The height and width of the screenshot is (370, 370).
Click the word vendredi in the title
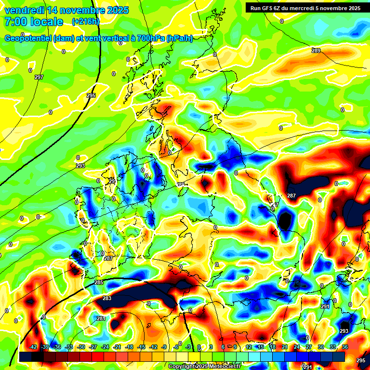click(24, 10)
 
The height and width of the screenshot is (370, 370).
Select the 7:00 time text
click(15, 22)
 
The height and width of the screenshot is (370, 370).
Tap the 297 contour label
click(39, 77)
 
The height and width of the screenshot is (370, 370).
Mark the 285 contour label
click(99, 282)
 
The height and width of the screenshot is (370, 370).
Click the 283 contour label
click(107, 298)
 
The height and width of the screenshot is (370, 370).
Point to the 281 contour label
click(101, 318)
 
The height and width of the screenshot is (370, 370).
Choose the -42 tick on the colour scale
click(33, 347)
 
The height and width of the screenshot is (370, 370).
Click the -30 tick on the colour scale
click(81, 347)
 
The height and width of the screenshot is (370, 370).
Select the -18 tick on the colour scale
click(130, 347)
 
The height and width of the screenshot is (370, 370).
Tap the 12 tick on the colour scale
click(249, 347)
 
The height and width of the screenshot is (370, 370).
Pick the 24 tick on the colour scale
click(297, 347)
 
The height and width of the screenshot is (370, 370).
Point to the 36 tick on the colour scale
click(345, 347)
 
